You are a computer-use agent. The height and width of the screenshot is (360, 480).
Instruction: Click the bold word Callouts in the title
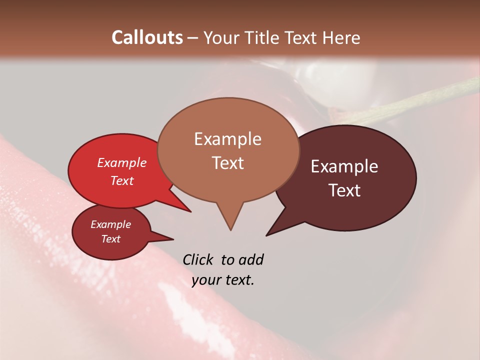[147, 37]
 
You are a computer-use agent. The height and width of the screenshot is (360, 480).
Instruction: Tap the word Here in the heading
[340, 37]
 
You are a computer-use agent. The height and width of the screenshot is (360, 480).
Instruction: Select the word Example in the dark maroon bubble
[344, 166]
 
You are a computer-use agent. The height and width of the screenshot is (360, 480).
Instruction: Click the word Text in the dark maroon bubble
[344, 190]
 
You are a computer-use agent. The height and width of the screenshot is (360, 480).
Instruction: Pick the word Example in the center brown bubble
[227, 139]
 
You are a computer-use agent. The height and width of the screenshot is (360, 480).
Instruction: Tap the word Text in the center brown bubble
[227, 162]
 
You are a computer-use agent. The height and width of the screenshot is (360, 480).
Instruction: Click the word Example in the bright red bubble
[122, 162]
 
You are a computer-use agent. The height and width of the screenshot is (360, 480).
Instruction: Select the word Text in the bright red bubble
[122, 180]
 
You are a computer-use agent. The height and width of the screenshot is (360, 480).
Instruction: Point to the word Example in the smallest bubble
[111, 224]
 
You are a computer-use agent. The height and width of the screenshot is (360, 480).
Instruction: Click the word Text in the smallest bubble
[111, 239]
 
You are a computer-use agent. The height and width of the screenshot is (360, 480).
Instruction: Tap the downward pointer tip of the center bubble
[230, 229]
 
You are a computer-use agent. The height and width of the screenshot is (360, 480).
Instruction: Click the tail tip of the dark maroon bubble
[266, 235]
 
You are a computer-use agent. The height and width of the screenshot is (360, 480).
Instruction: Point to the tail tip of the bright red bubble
[190, 211]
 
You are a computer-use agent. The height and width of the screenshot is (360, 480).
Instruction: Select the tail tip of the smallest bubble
[173, 239]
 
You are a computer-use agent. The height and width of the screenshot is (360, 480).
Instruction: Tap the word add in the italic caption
[250, 259]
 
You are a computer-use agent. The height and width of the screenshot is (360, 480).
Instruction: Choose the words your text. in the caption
[223, 280]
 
